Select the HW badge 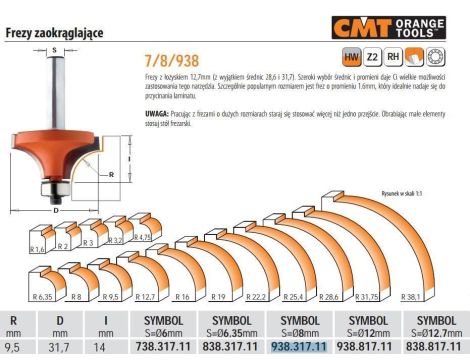point(352,59)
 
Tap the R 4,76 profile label point(144,240)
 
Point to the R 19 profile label point(218,297)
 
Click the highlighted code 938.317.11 point(298,348)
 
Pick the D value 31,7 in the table point(60,348)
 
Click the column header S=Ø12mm point(366,334)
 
